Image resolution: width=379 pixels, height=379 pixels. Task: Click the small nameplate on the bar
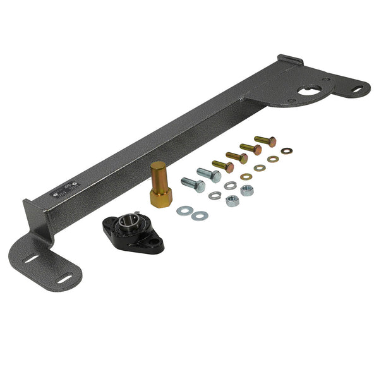point(68,188)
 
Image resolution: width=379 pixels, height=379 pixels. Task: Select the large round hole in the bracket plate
point(309,89)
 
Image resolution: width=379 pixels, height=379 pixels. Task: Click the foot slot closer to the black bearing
point(66,276)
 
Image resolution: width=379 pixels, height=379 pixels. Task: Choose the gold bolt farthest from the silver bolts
point(265,140)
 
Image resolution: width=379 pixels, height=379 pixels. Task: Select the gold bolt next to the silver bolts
point(222,165)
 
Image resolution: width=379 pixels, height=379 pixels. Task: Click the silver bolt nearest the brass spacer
point(193,184)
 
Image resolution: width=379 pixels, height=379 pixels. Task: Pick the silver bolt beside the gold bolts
point(209,174)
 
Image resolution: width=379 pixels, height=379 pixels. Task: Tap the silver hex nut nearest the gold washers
point(247,190)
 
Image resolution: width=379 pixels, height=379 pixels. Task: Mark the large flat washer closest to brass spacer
point(184,210)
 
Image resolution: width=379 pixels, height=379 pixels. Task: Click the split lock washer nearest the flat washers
point(215,195)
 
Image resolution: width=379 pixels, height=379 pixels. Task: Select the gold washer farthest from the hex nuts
point(287,151)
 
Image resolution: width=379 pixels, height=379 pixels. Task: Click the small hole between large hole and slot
point(327,80)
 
